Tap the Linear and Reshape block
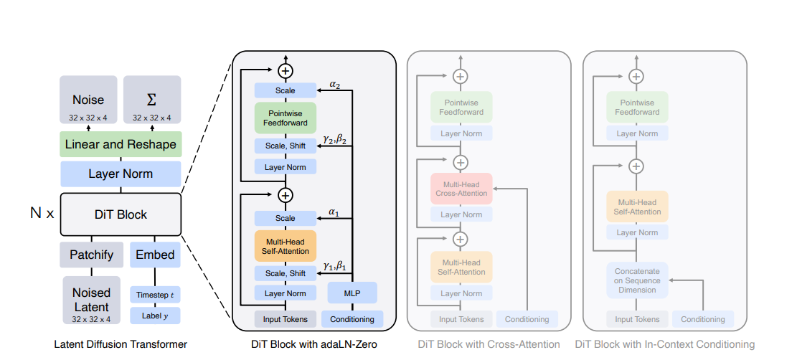121,145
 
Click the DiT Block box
121,214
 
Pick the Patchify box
92,255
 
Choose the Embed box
156,255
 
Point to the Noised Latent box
92,299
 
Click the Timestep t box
156,294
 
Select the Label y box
156,316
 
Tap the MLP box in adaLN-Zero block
352,293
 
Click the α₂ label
335,84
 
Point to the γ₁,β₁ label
334,266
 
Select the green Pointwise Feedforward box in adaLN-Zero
286,118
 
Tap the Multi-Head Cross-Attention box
461,188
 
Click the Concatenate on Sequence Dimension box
636,280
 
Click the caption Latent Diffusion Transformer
121,344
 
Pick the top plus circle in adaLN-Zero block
286,70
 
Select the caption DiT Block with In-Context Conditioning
664,344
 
